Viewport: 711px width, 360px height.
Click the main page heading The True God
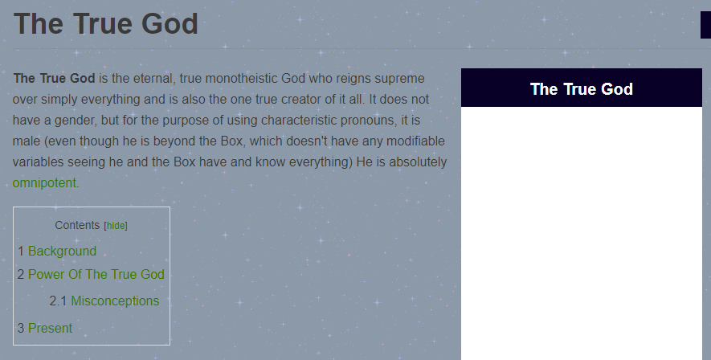point(106,23)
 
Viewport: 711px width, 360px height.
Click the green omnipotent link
point(44,182)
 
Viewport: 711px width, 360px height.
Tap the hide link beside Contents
point(116,225)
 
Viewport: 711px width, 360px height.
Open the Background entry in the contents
point(62,252)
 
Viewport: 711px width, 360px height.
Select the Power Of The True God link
point(96,274)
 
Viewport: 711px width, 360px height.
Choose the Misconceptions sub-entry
point(115,301)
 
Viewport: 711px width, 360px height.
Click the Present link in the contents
point(50,329)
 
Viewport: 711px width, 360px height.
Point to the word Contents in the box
point(77,225)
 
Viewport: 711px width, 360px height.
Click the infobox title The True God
point(582,89)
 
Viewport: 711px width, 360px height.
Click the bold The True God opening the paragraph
point(54,78)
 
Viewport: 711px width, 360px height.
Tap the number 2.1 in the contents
point(58,301)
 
